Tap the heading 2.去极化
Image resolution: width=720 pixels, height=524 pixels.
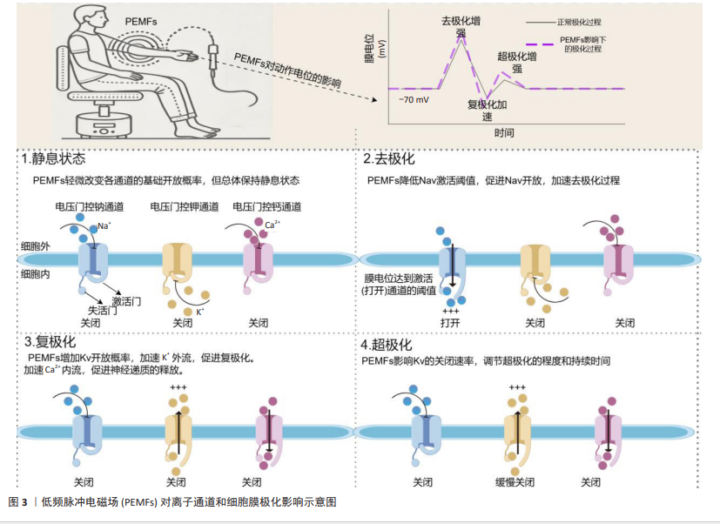[388, 159]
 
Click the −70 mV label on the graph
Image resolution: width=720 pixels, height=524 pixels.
[414, 100]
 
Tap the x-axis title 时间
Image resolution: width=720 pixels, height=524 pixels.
[503, 132]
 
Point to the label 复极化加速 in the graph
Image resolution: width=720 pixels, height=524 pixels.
[487, 111]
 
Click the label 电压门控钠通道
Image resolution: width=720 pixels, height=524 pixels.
[89, 207]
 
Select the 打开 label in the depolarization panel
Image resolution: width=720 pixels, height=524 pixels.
[450, 322]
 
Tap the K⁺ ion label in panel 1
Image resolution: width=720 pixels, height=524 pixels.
[200, 311]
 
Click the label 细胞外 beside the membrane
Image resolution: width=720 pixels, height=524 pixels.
[36, 247]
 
